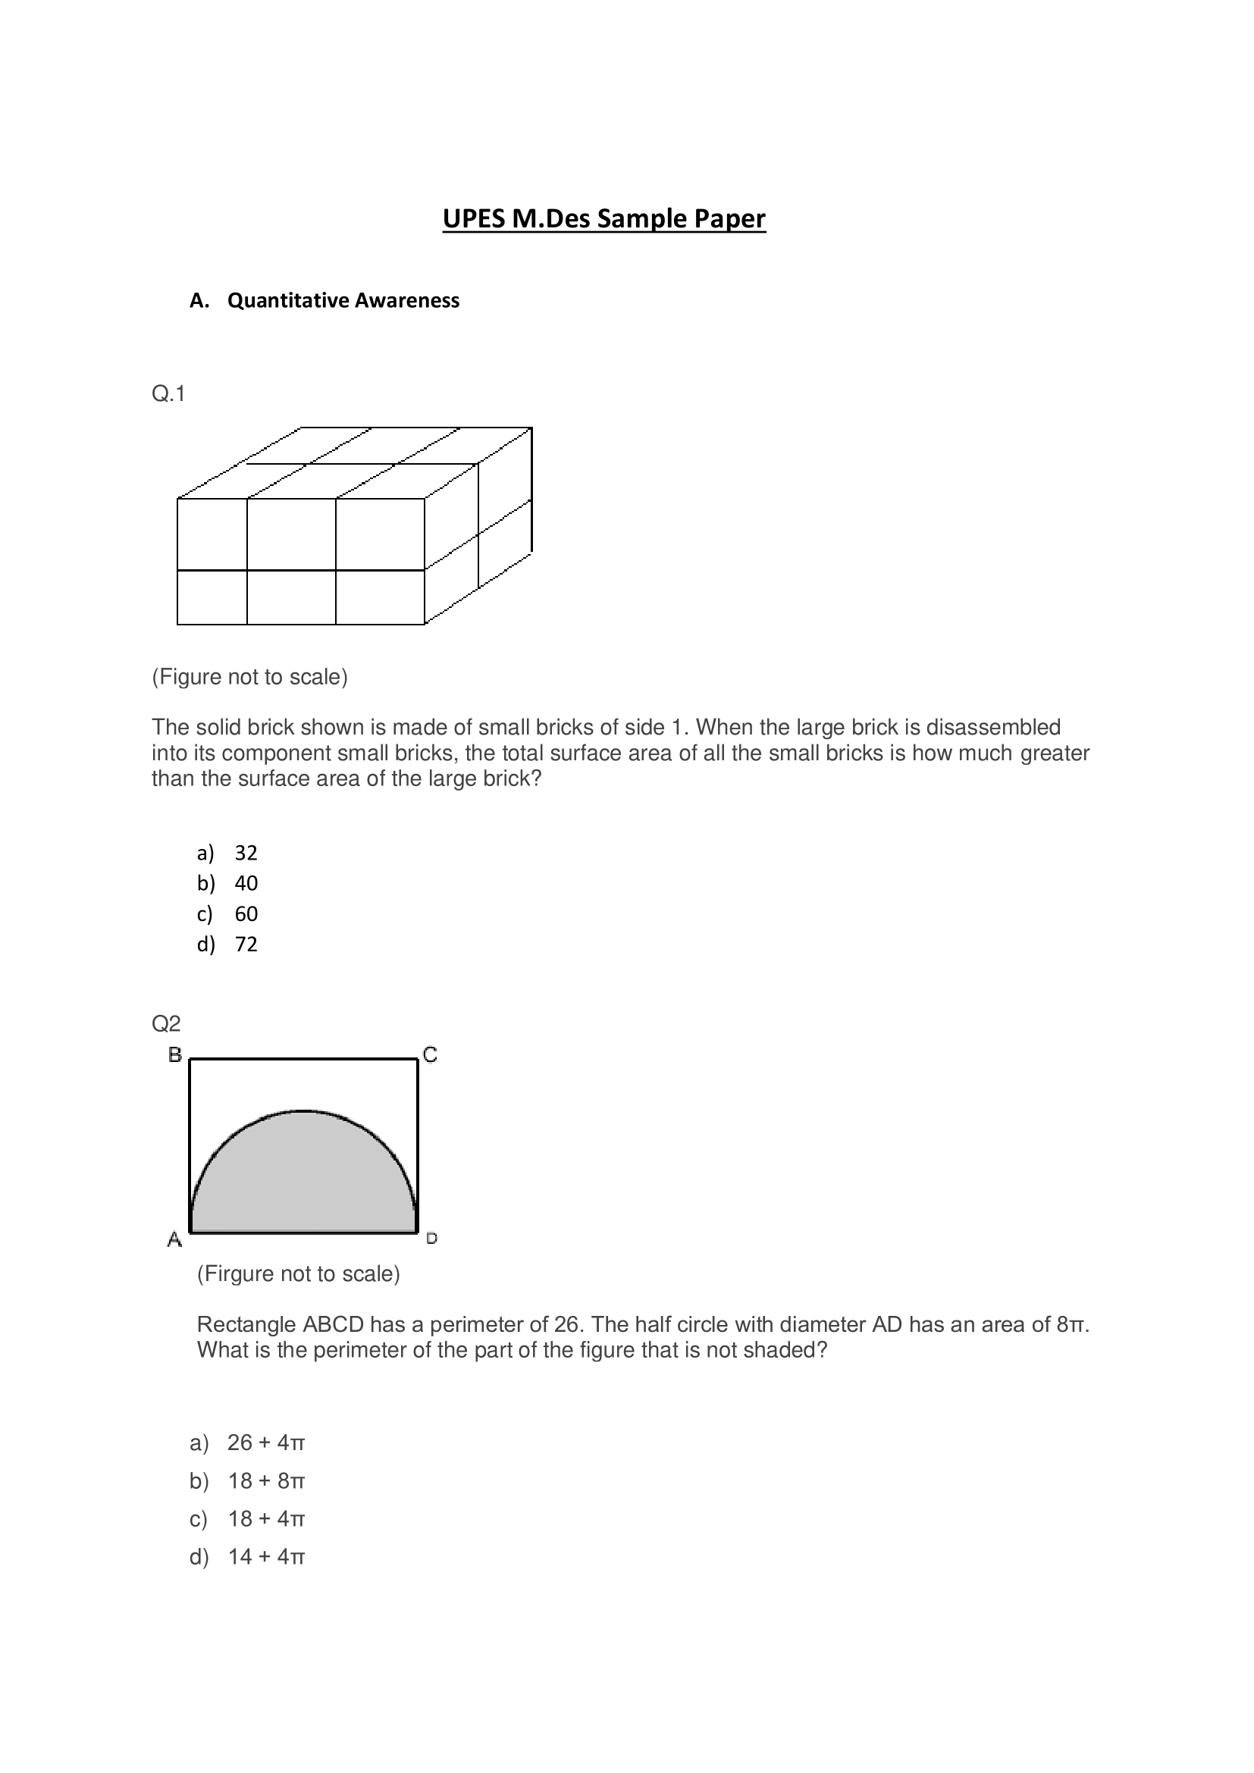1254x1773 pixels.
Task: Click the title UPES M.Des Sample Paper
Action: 603,218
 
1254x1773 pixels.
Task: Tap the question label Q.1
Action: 168,394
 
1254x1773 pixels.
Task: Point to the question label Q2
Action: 166,1023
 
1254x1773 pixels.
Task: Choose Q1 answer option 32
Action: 246,853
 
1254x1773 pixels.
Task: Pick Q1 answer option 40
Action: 246,882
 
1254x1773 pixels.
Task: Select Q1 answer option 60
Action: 246,913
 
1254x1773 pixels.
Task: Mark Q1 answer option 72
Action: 246,944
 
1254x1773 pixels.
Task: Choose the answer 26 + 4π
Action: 265,1443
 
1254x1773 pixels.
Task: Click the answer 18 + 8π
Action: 265,1480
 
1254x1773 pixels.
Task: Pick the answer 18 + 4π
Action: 265,1518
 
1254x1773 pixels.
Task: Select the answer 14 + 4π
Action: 265,1556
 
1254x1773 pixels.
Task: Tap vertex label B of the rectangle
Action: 175,1054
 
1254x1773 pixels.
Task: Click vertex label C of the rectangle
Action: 430,1054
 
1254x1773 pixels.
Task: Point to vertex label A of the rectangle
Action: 175,1239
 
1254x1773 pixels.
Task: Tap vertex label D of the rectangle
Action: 431,1239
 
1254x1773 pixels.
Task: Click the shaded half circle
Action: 303,1182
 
